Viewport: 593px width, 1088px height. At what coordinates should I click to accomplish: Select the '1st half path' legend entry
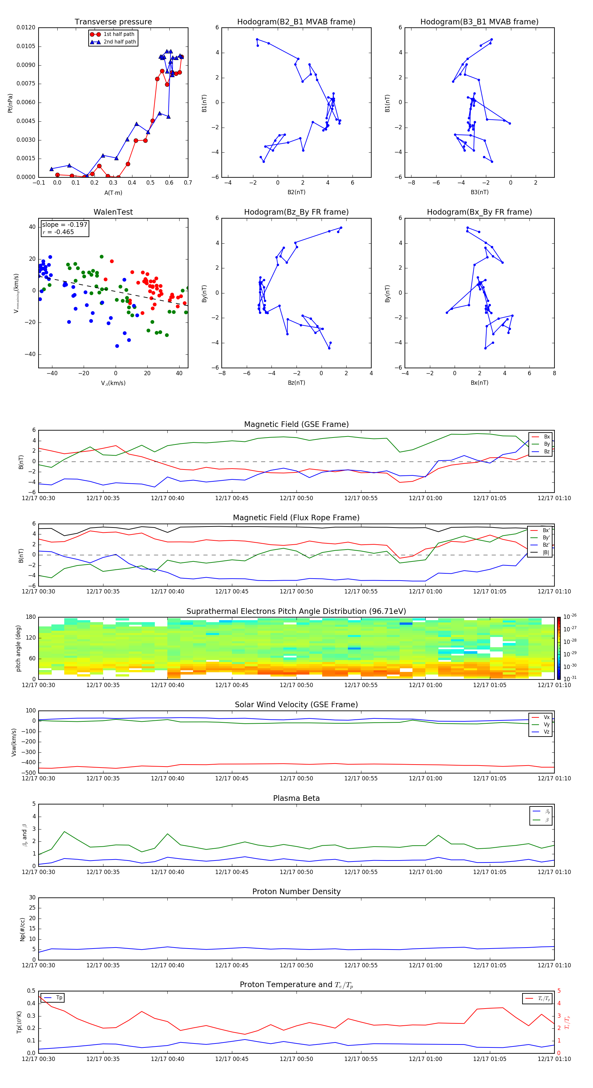coord(119,34)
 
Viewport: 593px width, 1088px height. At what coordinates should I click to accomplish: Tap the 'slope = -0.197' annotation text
coord(65,225)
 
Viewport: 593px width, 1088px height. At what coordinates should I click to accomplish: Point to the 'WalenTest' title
coord(113,212)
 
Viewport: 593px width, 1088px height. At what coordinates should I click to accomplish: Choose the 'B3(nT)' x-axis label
coord(479,192)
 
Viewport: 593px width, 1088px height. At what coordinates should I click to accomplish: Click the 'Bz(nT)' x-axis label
coord(296,383)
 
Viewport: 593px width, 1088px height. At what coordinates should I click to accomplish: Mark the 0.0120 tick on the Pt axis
coord(26,27)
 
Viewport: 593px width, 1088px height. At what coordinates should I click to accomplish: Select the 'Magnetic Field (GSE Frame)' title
coord(296,424)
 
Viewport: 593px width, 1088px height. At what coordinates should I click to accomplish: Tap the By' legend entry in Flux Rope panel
coord(546,538)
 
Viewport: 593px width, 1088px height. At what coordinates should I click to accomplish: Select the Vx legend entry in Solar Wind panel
coord(546,717)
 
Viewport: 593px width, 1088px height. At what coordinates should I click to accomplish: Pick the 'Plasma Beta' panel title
coord(296,798)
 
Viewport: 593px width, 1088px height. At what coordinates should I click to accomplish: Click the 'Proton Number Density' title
coord(296,892)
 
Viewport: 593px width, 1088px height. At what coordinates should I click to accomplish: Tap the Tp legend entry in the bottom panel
coord(59,998)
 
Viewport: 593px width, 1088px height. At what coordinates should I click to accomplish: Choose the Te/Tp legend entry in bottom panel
coord(544,998)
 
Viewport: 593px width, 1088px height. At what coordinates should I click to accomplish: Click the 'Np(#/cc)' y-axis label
coord(23,929)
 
